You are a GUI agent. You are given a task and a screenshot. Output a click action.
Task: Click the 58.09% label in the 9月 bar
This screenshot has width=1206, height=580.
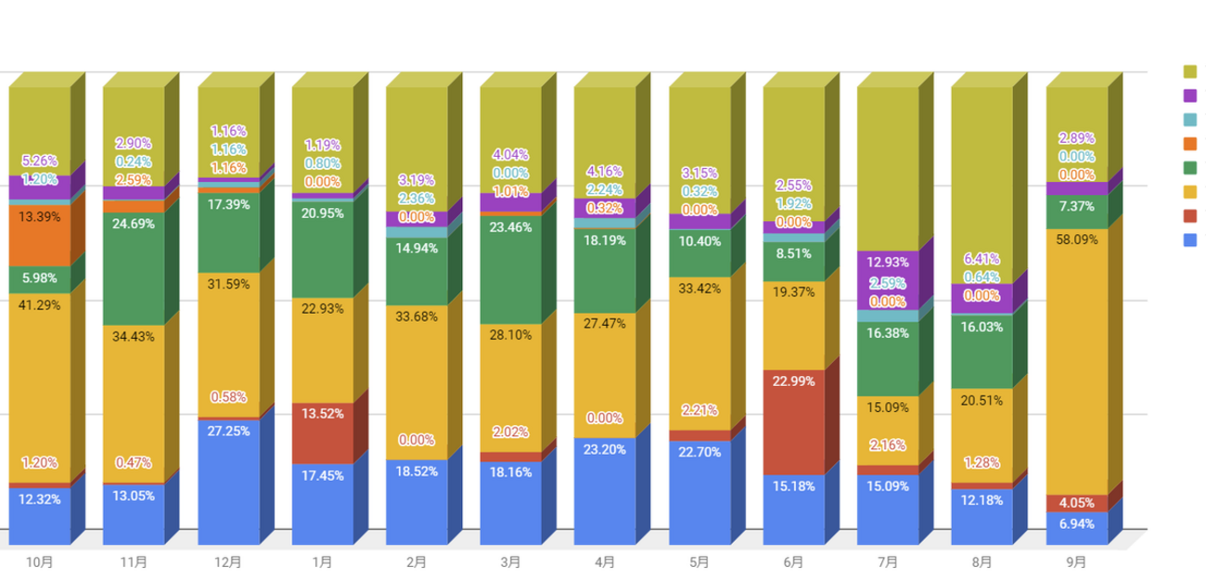pos(1077,238)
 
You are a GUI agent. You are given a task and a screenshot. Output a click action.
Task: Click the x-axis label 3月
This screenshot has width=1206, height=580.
pos(510,561)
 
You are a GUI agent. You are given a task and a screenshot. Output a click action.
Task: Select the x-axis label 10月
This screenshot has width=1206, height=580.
pos(39,561)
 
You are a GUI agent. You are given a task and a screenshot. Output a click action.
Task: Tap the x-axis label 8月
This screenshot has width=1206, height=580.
pos(982,561)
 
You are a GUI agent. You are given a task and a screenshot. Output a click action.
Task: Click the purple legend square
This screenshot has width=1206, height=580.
pos(1190,96)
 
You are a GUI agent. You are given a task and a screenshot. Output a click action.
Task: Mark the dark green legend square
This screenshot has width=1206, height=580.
pos(1190,168)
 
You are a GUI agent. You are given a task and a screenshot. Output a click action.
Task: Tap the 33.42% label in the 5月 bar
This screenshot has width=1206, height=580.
pos(699,289)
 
